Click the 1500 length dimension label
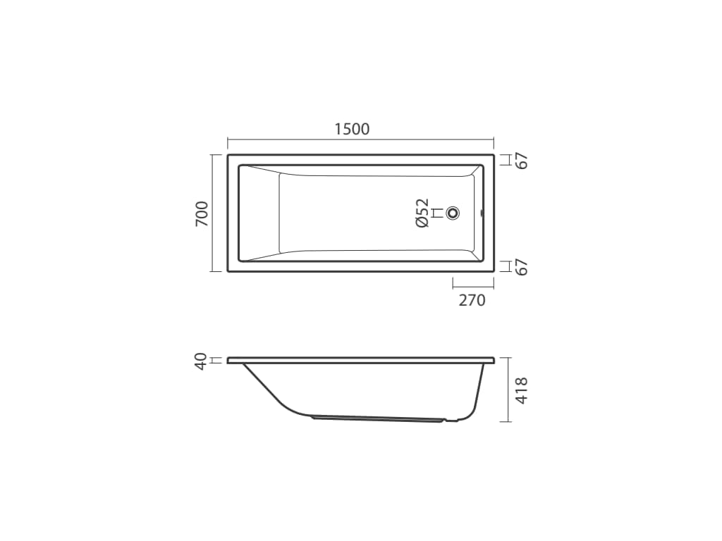[352, 130]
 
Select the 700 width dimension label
[202, 214]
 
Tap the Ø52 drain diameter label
[422, 213]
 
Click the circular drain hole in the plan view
[453, 213]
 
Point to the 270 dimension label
[472, 300]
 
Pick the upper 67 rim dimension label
[522, 160]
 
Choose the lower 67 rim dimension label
[522, 267]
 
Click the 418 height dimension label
[522, 390]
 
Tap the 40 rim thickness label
[201, 361]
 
